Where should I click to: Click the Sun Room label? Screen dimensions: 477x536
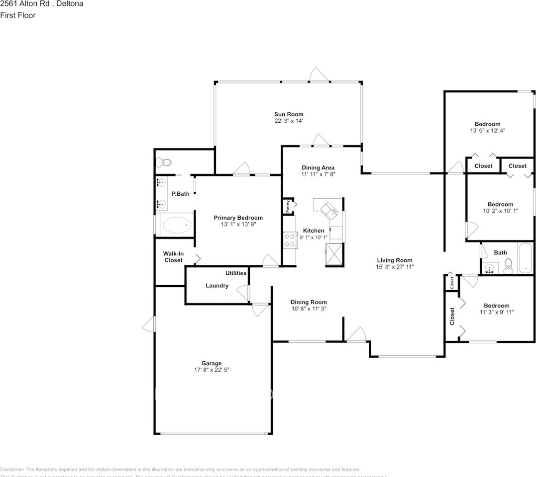coord(288,114)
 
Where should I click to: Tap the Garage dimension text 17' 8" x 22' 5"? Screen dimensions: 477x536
coord(212,370)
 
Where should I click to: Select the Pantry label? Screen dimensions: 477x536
coord(288,206)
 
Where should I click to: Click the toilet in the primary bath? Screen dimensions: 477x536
coord(163,162)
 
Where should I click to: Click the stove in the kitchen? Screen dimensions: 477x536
coord(289,240)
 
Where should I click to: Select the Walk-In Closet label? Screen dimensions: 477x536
coord(173,257)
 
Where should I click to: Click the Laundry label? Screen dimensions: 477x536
coord(217,286)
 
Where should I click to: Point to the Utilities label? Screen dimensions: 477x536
coord(236,273)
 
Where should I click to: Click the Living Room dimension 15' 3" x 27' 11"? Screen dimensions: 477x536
coord(394,267)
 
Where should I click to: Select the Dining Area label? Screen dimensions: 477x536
coord(318,168)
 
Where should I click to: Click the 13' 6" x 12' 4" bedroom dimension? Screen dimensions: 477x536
coord(487,131)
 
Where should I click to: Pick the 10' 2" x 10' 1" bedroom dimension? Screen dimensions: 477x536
coord(500,211)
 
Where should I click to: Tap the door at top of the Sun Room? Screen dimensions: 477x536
coord(319,76)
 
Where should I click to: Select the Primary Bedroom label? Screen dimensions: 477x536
coord(238,218)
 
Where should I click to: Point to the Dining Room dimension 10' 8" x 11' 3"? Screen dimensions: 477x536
coord(309,309)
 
